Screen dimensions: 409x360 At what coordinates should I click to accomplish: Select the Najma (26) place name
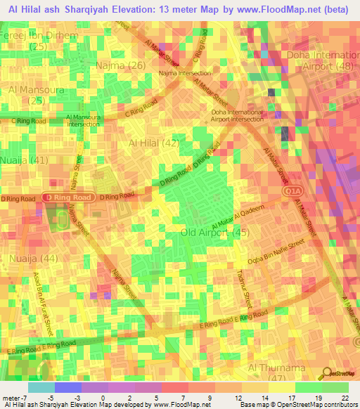[126, 65]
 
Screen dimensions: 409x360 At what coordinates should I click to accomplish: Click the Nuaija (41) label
[23, 160]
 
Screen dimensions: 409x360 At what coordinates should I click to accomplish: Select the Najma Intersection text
[185, 72]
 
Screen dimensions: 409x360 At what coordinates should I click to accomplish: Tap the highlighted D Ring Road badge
[67, 198]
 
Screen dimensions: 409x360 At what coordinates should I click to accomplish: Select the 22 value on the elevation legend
[345, 398]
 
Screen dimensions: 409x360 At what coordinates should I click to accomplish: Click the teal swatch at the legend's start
[41, 387]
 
